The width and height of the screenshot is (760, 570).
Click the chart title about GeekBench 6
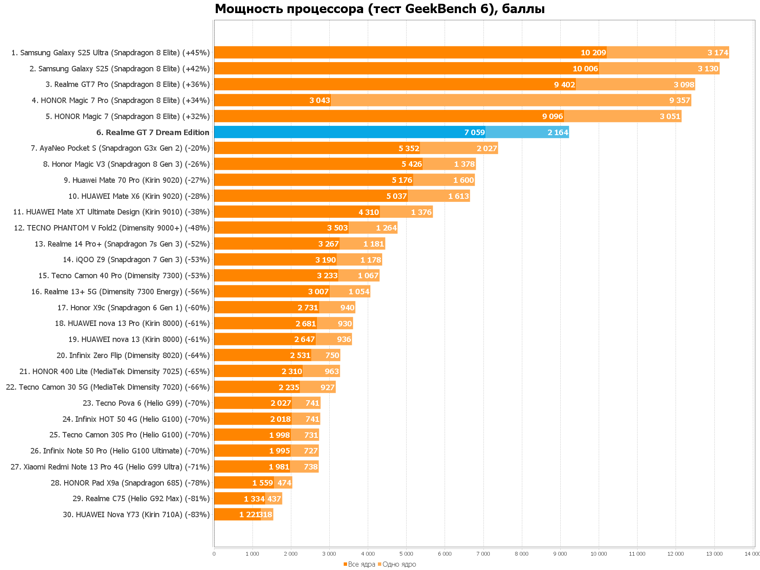pyautogui.click(x=379, y=9)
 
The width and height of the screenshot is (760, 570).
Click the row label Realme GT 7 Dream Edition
pyautogui.click(x=153, y=133)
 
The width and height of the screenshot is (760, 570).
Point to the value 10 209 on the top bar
pyautogui.click(x=593, y=53)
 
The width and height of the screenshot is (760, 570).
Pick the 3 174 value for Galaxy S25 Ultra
pyautogui.click(x=718, y=53)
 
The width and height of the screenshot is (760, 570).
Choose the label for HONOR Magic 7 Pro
pyautogui.click(x=121, y=100)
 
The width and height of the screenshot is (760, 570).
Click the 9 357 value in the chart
pyautogui.click(x=679, y=100)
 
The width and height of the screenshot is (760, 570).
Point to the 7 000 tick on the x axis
pyautogui.click(x=483, y=554)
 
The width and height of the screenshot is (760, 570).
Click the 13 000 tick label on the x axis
pyautogui.click(x=714, y=554)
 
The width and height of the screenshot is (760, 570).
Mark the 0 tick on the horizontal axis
pyautogui.click(x=214, y=554)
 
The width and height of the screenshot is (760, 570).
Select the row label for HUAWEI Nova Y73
pyautogui.click(x=136, y=515)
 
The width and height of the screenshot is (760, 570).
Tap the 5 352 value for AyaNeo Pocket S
pyautogui.click(x=409, y=148)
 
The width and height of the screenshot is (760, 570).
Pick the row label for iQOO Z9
pyautogui.click(x=136, y=260)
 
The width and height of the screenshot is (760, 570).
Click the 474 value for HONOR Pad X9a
pyautogui.click(x=284, y=483)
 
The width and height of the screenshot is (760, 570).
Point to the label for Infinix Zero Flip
pyautogui.click(x=133, y=356)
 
